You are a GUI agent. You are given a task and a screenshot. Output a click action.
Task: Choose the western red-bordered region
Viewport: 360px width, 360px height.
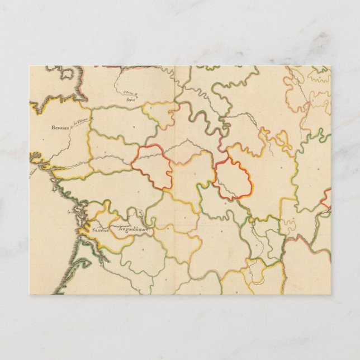pos(152,167)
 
